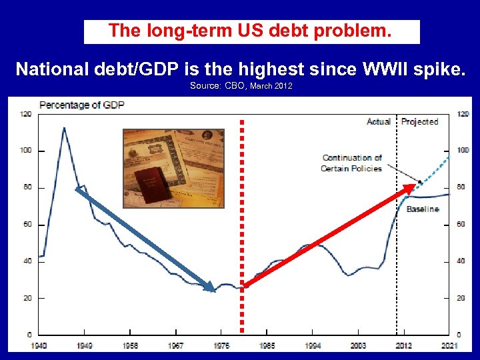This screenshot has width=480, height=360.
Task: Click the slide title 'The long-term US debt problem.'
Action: [x=251, y=31]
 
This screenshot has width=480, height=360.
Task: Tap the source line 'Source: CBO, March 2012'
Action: [x=241, y=87]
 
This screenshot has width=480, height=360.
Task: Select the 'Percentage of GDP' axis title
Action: [x=82, y=105]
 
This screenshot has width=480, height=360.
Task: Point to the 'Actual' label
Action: [x=379, y=122]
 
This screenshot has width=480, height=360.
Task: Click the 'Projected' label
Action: [x=420, y=122]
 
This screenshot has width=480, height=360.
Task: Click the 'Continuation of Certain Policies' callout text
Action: [x=351, y=163]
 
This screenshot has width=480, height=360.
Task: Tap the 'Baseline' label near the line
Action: [x=423, y=209]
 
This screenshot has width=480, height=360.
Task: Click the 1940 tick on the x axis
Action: [x=39, y=345]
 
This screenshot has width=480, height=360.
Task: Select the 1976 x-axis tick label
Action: [x=221, y=345]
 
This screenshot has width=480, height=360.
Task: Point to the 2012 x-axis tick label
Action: [x=403, y=345]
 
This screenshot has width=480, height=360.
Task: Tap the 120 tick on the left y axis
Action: [x=26, y=115]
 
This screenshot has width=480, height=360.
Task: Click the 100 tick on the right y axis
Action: [x=463, y=151]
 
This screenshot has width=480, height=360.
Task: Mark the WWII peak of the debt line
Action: [x=64, y=127]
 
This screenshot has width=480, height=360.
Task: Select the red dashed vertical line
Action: [x=242, y=227]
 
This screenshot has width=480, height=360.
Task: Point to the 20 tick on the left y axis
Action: [x=27, y=298]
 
